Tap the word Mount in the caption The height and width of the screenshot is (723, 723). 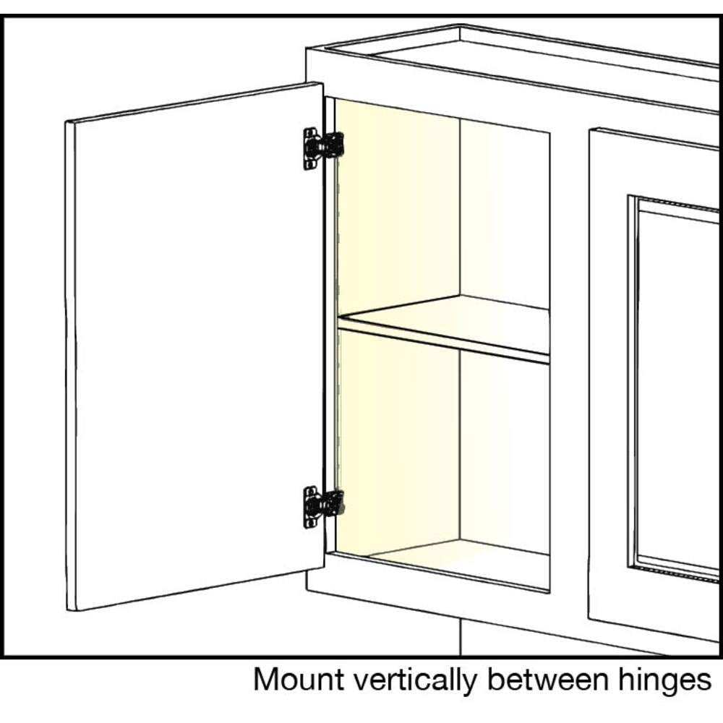coord(299,679)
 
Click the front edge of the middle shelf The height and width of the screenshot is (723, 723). coord(443,340)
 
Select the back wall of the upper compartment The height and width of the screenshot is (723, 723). coord(505,215)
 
